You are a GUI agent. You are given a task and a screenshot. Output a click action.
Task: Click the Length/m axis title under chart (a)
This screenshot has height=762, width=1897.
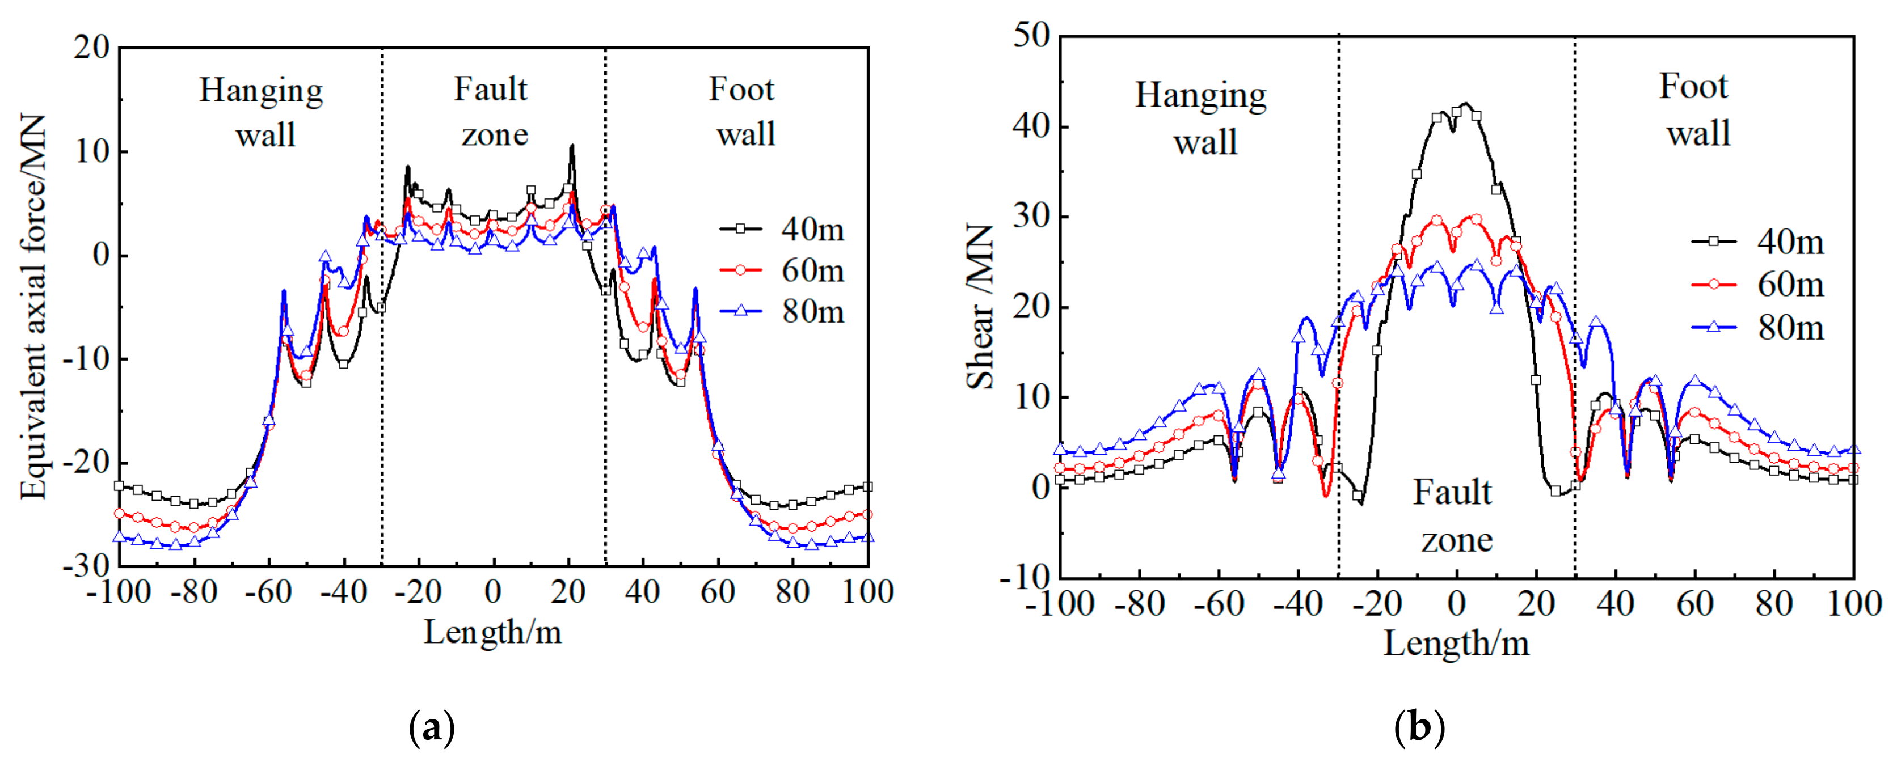coord(492,632)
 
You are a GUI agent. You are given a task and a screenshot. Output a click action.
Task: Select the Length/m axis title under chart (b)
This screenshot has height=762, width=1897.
coord(1456,644)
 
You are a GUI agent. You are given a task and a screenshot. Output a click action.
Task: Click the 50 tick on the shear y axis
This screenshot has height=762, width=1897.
coord(1031,35)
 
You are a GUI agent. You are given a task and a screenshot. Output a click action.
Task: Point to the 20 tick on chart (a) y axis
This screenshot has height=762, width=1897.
coord(91,48)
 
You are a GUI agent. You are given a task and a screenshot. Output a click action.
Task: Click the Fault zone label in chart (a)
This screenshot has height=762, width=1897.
coord(492,112)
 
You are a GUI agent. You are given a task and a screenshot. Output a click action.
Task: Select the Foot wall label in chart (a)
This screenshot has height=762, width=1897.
coord(743,112)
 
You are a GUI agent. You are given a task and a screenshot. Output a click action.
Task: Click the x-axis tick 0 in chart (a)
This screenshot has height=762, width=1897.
coord(492,592)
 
